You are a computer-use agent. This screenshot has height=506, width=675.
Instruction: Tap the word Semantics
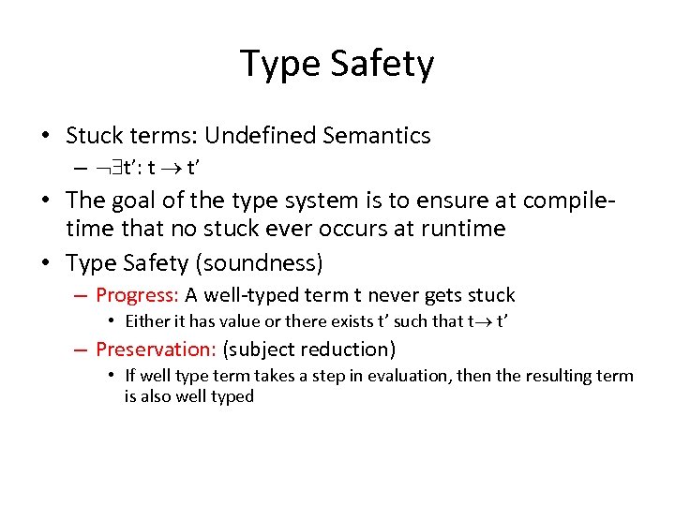(377, 136)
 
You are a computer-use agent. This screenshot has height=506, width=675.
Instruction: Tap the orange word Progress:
(137, 295)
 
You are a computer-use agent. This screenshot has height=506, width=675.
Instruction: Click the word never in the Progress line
(396, 295)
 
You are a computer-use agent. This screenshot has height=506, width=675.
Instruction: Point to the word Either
(147, 322)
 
